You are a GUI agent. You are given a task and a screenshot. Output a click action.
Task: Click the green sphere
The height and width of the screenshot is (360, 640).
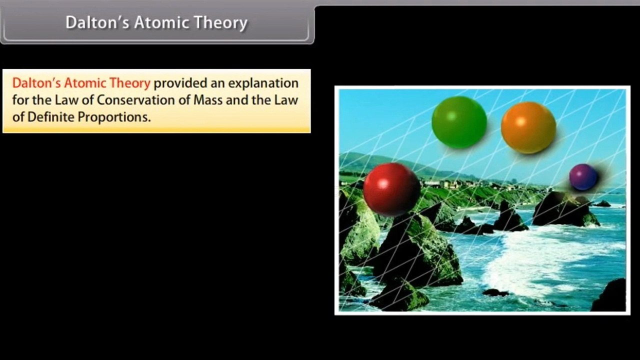459,122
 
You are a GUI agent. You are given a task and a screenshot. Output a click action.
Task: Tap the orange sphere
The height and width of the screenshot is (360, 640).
528,127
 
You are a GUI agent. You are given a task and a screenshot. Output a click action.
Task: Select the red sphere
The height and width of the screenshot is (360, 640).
391,189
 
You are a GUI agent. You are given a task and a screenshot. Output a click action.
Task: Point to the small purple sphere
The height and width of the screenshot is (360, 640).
583,177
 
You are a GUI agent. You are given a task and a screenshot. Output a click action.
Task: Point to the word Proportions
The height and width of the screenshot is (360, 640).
117,117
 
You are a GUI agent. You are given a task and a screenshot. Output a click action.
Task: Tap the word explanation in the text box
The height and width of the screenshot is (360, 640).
263,83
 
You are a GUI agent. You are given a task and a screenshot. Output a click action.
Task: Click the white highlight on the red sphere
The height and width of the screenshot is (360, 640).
383,183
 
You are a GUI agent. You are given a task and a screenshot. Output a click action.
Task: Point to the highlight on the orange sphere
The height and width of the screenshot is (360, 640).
520,121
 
